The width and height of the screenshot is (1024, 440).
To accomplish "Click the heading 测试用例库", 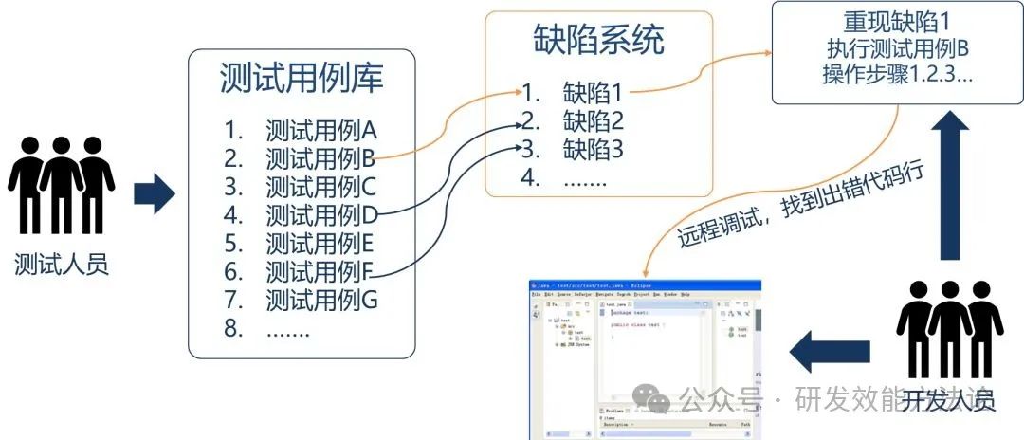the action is point(301,78).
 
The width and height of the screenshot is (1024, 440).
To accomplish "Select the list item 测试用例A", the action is point(321,130).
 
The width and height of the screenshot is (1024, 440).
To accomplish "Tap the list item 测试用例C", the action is point(321,187).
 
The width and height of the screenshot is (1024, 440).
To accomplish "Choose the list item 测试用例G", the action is point(321,301).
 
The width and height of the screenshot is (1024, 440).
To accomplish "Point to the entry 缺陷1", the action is point(593,93).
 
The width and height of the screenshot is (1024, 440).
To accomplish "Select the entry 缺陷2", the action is point(593,121).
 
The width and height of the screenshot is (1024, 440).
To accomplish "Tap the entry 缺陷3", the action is point(593,150).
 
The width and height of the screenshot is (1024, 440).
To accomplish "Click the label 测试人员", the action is point(62,265).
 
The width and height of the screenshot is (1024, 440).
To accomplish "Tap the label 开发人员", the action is point(948,401).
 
